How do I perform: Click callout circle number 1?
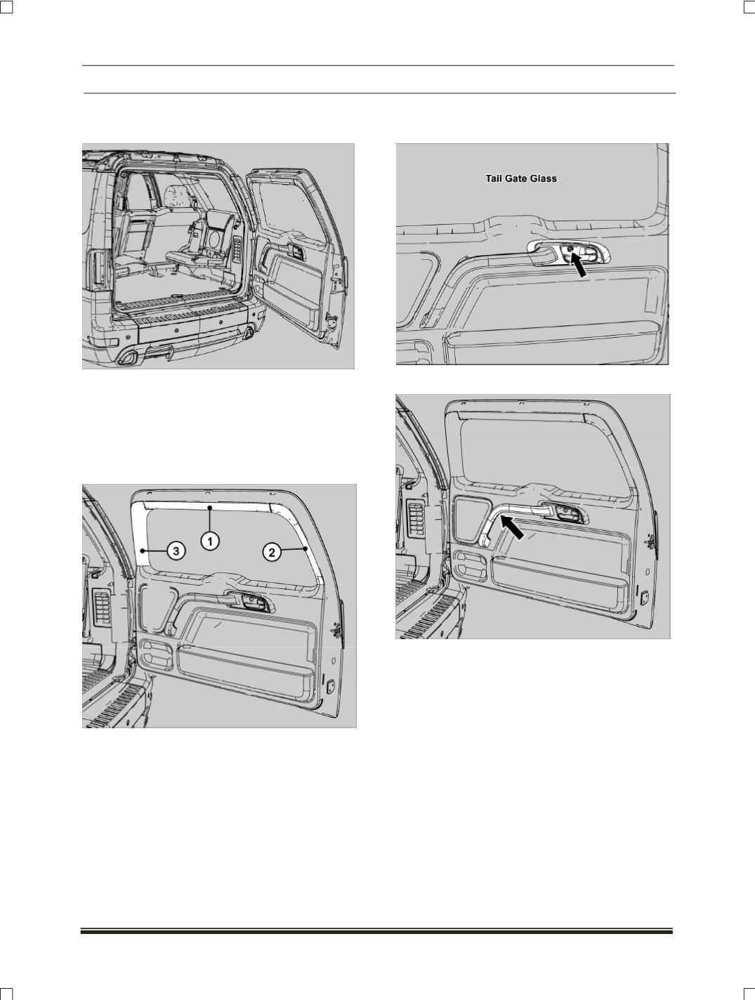tap(210, 541)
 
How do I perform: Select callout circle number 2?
tap(272, 553)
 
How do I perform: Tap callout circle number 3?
tap(176, 551)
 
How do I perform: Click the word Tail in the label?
tap(493, 178)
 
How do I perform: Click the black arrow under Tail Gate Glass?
tap(579, 265)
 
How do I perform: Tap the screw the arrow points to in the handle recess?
tap(570, 249)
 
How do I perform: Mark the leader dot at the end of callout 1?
tap(209, 506)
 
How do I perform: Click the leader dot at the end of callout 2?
tap(305, 549)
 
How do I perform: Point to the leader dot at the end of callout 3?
tap(143, 551)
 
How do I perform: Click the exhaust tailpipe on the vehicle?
tap(126, 360)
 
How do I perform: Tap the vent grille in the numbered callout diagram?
tap(102, 607)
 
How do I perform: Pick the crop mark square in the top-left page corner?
tap(6, 6)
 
